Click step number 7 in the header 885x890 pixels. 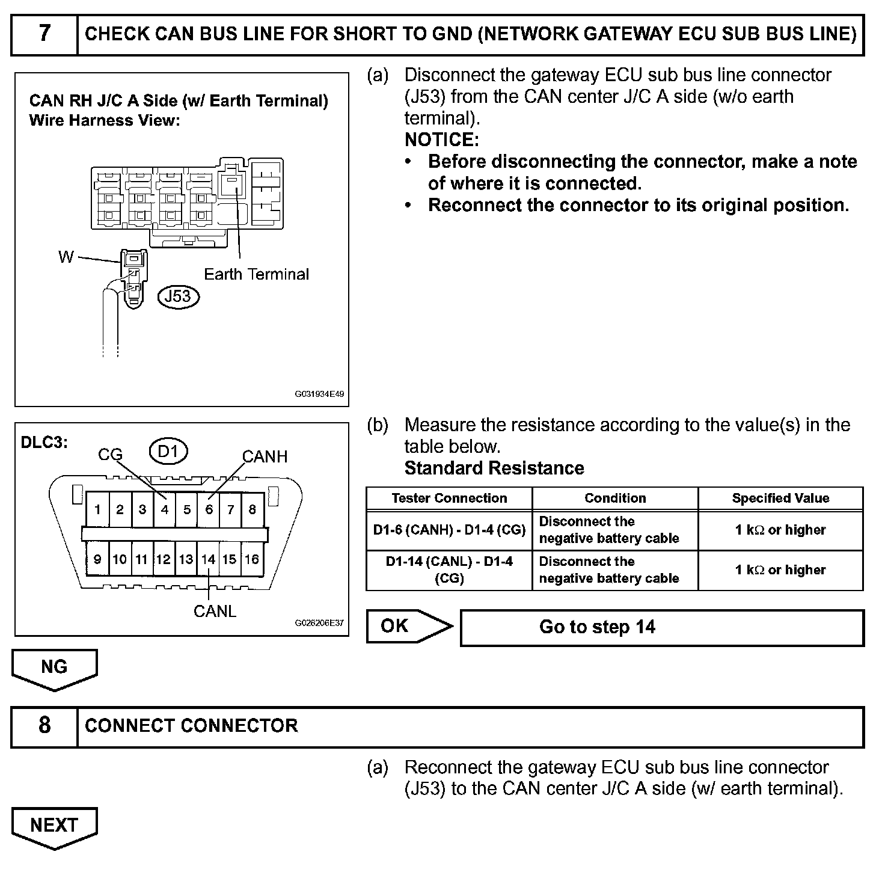pos(44,34)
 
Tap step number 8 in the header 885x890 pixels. pos(44,726)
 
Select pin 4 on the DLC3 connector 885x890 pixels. pos(164,510)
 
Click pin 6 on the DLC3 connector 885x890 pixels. pos(209,510)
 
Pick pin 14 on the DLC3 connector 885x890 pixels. pos(208,560)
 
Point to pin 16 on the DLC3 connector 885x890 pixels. pos(252,560)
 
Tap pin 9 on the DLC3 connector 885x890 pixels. pos(97,560)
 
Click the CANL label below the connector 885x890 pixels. pos(215,611)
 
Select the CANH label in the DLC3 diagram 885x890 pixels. pos(265,457)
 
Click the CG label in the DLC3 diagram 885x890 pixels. pos(110,455)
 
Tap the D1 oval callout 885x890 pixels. pos(168,451)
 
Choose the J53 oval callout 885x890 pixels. pos(178,296)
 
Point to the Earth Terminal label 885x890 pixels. pos(256,275)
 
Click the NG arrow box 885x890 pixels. pos(54,667)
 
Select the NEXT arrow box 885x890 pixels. pos(54,826)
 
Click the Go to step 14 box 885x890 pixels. pos(661,628)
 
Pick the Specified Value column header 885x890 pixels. pos(780,499)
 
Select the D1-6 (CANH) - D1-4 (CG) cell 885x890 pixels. pos(449,530)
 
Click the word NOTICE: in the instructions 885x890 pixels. pos(441,140)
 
